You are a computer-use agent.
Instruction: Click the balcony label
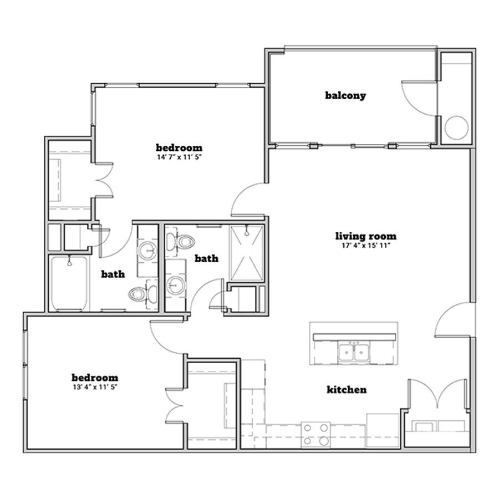tap(345, 95)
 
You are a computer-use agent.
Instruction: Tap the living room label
tap(366, 236)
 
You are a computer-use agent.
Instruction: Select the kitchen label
tap(347, 390)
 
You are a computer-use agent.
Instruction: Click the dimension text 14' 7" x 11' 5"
tap(180, 157)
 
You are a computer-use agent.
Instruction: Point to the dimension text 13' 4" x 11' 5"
tap(95, 388)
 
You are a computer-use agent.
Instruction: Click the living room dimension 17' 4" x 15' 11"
tap(366, 246)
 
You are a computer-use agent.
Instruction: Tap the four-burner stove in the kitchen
tap(315, 434)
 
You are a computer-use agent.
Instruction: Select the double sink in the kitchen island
tap(354, 352)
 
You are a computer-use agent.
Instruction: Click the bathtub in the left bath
tap(69, 284)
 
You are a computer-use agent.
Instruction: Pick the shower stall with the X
tap(247, 253)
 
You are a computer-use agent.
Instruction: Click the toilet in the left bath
tap(142, 294)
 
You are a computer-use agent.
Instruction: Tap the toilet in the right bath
tap(180, 242)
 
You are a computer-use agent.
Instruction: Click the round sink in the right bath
tap(175, 285)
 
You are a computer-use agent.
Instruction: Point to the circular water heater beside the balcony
tap(456, 128)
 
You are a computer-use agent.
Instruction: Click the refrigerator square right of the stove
tap(383, 430)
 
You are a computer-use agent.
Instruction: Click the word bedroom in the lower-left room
tap(95, 378)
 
